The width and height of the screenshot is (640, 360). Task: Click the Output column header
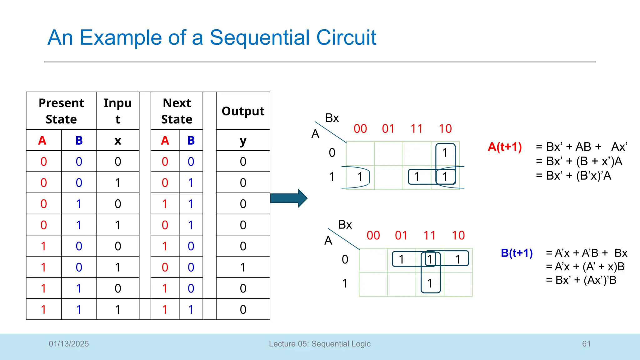243,111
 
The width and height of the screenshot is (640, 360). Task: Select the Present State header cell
61,111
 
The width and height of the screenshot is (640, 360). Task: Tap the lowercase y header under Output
243,141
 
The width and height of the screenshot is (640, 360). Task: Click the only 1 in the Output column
243,267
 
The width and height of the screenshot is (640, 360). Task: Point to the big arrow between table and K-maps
289,198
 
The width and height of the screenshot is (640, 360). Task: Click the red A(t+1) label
505,147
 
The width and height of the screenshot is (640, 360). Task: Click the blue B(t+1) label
517,253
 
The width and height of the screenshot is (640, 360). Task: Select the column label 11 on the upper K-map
417,129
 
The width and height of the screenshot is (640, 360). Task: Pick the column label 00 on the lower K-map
373,235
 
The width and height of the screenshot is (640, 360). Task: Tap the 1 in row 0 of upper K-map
445,153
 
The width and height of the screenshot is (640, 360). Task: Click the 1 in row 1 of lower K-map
430,283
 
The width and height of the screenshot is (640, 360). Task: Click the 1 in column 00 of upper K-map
360,177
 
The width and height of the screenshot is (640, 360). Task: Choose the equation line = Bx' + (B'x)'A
573,176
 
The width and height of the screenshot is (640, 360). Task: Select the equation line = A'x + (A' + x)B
585,267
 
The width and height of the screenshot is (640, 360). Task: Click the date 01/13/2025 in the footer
69,344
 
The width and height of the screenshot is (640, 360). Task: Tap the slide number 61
586,344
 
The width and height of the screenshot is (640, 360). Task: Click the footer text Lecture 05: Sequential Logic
320,344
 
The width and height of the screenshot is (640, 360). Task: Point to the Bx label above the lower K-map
345,225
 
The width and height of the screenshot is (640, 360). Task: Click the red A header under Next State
165,141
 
